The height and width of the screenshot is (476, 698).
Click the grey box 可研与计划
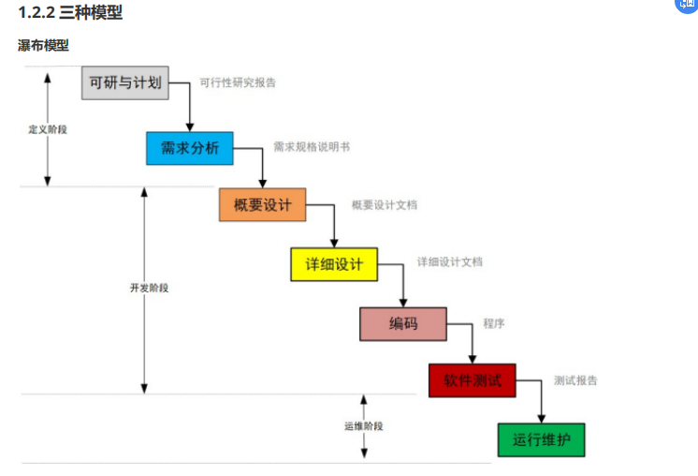point(124,82)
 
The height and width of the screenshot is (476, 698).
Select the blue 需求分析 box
point(189,148)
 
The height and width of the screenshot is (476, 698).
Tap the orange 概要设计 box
point(262,204)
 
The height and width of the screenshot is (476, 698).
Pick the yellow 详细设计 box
point(333,264)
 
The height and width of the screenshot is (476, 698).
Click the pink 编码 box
point(403,324)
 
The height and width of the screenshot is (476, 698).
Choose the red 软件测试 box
point(472,380)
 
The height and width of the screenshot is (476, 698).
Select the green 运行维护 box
point(541,439)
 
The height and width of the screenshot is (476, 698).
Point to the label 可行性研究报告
point(238,82)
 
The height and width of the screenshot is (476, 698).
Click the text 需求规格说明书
point(312,147)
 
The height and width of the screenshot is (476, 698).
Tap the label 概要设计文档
point(385,204)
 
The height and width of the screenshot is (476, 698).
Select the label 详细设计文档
point(450,262)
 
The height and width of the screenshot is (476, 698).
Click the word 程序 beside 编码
point(494,323)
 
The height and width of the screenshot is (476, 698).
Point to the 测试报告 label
point(575,380)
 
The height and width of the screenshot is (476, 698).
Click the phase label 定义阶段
point(48,129)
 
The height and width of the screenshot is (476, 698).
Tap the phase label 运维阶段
point(363,426)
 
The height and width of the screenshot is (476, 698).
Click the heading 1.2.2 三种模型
point(70,13)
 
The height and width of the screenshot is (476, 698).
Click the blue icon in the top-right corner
point(688,5)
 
